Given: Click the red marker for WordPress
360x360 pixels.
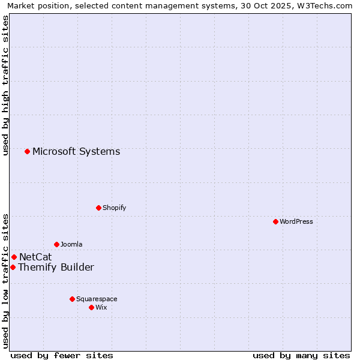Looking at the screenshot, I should (275, 221).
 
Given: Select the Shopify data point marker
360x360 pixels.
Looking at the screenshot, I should (98, 208).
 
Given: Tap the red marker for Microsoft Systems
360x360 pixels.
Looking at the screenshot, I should (27, 151).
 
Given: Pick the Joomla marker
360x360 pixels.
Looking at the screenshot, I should (56, 244).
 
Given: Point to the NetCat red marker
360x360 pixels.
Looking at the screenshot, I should (14, 257).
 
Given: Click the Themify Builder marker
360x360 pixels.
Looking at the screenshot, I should (13, 267).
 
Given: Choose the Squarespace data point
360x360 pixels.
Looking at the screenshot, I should (72, 299).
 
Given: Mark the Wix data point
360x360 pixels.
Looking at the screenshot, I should (91, 307).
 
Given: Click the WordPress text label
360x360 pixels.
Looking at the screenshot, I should (296, 221).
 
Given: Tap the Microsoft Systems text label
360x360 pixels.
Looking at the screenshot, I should (76, 151).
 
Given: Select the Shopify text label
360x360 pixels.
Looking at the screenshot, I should (114, 208).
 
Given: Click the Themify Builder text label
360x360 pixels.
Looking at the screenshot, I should (56, 267).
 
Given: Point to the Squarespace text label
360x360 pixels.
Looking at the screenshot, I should (97, 299).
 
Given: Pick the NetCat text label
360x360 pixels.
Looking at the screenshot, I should (35, 257).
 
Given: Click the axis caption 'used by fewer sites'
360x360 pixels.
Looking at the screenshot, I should (62, 355).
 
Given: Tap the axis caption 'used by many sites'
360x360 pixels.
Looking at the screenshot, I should (301, 355).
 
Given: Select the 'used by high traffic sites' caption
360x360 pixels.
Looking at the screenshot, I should (6, 85).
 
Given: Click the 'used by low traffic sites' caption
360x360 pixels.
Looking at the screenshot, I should (6, 280).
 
